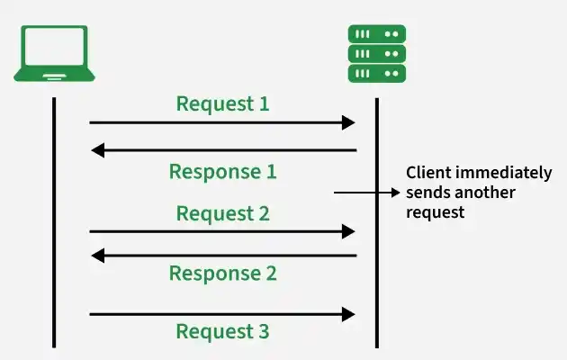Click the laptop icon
tap(54, 53)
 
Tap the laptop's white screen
tap(54, 46)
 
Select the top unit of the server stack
tap(377, 34)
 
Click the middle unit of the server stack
tap(377, 54)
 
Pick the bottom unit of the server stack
tap(377, 74)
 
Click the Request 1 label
tap(223, 104)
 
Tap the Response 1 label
tap(223, 172)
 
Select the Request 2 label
tap(223, 213)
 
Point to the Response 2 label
tap(223, 274)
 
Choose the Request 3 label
tap(223, 331)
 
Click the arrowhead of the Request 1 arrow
tap(348, 123)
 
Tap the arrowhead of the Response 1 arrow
tap(97, 150)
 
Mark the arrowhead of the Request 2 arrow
tap(348, 231)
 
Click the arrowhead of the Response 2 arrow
tap(97, 256)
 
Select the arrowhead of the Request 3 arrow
tap(348, 314)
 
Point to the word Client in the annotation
tap(429, 173)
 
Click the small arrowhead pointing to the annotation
tap(396, 193)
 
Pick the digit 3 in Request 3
tap(264, 331)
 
